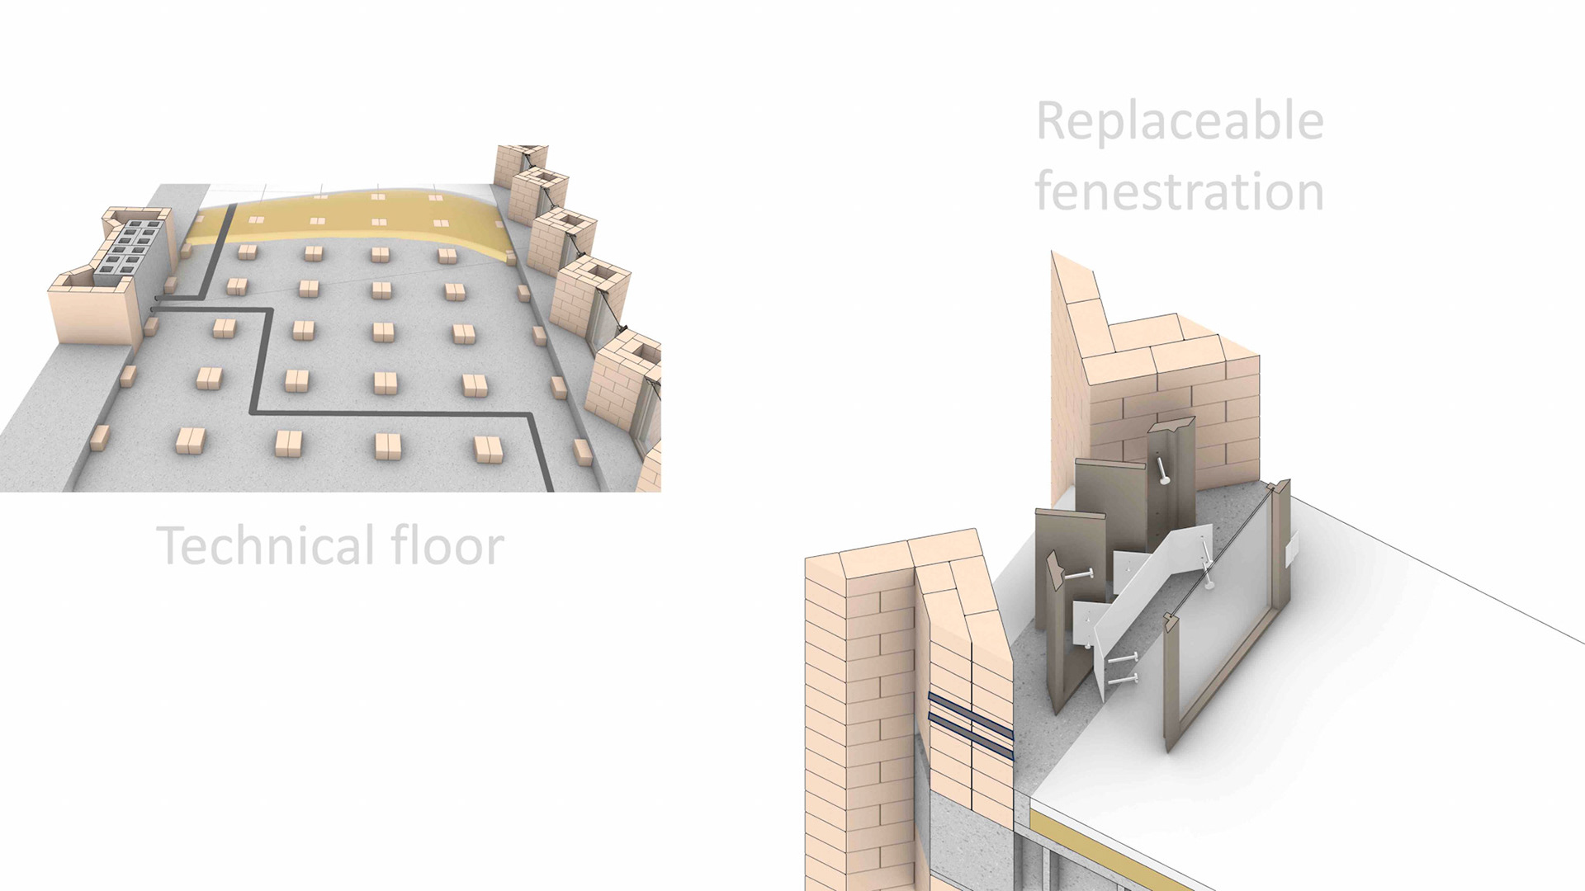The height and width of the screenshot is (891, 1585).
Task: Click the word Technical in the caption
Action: pos(264,545)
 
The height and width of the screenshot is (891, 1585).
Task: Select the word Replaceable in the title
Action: pos(1180,121)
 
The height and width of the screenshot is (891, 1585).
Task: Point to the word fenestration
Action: pos(1180,191)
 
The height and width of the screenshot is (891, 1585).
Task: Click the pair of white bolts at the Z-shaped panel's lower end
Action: pos(1123,668)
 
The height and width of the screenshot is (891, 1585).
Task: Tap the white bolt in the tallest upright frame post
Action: pos(1164,471)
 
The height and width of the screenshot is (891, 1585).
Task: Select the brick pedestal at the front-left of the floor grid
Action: pos(191,441)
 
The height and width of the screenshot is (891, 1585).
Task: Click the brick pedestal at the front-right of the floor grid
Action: pos(489,449)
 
